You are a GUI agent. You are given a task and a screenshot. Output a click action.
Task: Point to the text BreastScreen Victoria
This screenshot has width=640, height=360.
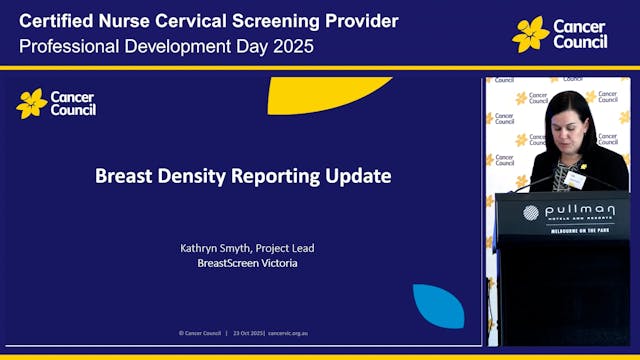(x=244, y=263)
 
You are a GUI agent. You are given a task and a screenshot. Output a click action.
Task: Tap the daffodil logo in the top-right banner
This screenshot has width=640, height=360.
(x=530, y=34)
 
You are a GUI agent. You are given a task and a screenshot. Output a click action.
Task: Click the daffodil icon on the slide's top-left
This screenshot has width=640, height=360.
(x=32, y=102)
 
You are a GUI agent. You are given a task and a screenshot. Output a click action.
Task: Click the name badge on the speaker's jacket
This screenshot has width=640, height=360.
(x=574, y=178)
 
